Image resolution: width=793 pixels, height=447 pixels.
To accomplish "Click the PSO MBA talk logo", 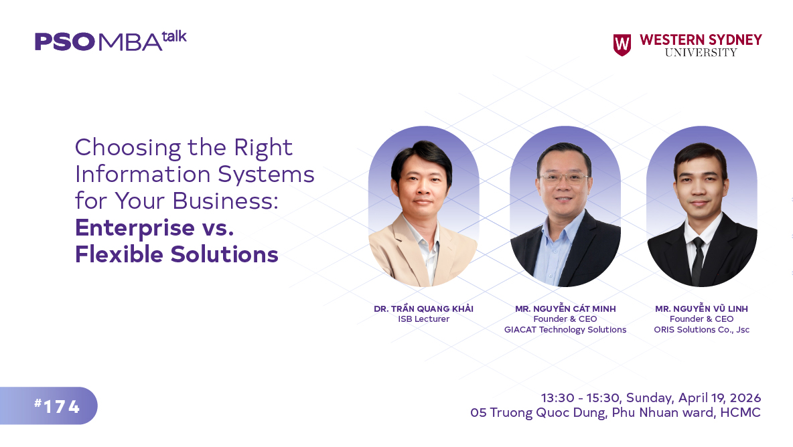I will [110, 41].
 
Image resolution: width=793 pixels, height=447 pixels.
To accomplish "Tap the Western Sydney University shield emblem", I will [622, 45].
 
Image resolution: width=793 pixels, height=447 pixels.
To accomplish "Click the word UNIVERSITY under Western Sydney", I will [701, 52].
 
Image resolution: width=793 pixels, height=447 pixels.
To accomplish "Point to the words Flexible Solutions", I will [176, 254].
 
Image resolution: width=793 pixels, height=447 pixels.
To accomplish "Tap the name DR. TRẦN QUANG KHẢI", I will [423, 308].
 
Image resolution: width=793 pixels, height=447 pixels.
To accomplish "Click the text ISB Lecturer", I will [423, 319].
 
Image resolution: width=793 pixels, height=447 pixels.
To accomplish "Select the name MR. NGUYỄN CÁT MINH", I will [565, 308].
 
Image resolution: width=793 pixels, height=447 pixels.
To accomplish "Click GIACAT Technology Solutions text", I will [565, 329].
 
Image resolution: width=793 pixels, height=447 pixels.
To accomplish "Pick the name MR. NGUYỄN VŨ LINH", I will [701, 308].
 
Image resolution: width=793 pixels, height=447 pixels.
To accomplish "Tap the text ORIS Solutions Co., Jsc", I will [701, 329].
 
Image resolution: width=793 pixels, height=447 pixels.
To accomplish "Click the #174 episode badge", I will [57, 406].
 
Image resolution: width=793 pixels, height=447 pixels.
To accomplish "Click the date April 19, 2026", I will [720, 398].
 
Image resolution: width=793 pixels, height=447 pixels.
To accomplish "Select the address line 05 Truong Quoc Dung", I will [540, 413].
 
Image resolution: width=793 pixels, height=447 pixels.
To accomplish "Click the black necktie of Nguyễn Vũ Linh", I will [697, 258].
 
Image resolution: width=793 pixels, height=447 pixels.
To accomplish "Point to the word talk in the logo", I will [174, 35].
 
